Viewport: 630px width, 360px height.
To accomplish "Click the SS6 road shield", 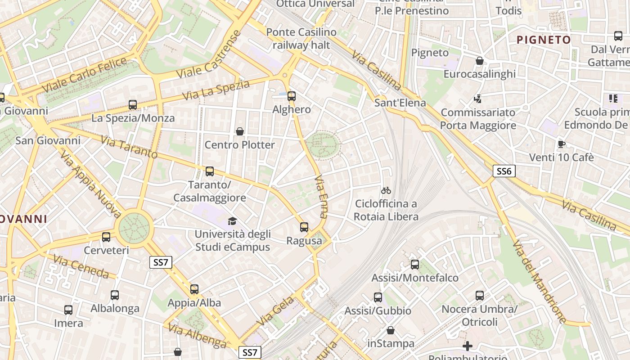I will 504,171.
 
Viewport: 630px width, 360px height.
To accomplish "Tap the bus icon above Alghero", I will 292,96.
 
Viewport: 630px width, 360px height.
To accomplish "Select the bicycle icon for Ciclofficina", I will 386,190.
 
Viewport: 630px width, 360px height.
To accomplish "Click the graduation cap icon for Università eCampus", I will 232,221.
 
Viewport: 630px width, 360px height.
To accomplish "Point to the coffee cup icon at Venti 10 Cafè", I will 561,144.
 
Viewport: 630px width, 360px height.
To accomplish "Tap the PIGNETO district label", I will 544,40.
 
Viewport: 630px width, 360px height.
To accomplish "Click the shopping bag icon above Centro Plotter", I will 240,131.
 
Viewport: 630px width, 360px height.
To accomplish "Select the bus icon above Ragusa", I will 304,227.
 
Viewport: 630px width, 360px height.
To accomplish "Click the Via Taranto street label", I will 129,147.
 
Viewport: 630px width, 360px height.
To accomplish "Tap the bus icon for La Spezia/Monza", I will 133,105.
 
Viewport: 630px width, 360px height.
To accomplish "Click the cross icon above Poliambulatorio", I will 468,346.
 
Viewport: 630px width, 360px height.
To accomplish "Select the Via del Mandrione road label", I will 539,283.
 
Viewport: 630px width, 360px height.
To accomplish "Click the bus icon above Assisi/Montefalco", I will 415,265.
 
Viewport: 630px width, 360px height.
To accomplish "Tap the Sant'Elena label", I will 400,103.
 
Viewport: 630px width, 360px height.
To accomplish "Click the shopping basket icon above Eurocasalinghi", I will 480,61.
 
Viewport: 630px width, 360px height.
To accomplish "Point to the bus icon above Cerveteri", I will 106,237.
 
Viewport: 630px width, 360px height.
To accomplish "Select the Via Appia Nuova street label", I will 90,184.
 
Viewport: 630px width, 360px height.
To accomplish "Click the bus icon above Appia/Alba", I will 194,289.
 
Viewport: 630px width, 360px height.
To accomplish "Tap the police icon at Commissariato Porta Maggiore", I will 478,99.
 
